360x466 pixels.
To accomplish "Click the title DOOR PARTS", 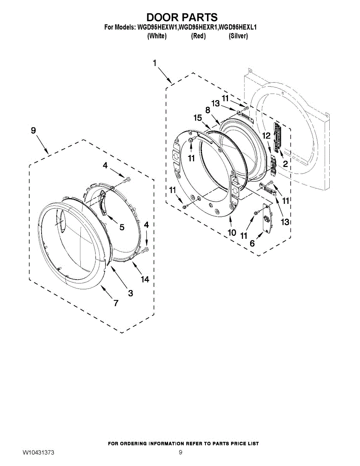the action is click(182, 17).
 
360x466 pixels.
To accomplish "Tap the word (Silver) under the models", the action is click(238, 36).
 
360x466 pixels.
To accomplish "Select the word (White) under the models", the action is click(157, 36).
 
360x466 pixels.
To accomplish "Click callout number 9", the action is click(33, 131).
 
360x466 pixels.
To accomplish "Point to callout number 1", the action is click(155, 63).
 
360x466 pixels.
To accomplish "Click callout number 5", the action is click(122, 227).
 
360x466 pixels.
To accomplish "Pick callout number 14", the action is click(145, 279).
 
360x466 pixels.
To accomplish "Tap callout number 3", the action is click(130, 293).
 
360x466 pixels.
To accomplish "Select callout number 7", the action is click(116, 303).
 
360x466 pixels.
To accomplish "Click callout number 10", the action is click(232, 233).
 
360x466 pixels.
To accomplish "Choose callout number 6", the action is click(252, 243).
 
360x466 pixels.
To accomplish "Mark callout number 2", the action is click(285, 164).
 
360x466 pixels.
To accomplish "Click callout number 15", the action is click(198, 118).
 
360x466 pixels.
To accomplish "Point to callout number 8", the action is click(208, 110).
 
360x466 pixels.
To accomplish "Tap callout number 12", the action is click(266, 136).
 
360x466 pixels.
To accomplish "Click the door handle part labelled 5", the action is click(104, 203).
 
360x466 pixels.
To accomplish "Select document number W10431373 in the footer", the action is click(38, 453).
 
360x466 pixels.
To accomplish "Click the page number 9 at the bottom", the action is click(180, 452).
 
